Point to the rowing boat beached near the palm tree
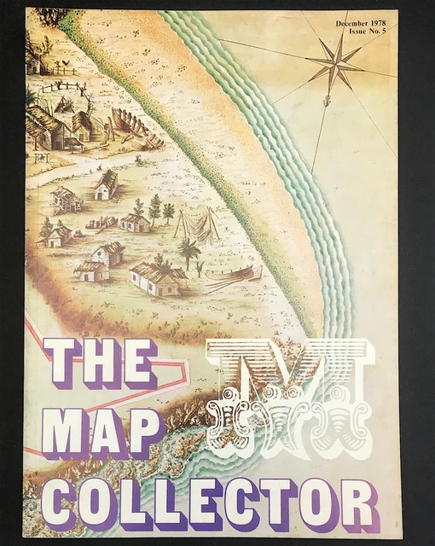point(230,275)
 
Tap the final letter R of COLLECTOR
point(358,504)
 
